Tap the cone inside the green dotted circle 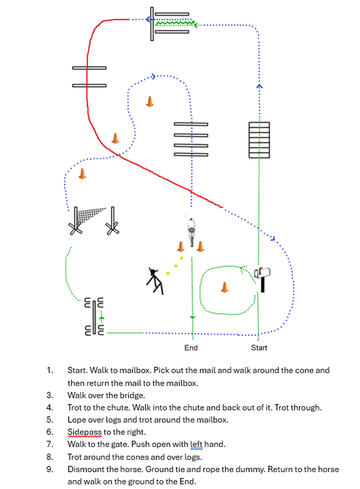[225, 287]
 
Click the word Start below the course [259, 348]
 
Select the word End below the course [191, 348]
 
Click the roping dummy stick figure [155, 280]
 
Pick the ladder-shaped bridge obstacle [259, 140]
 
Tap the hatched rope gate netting [90, 216]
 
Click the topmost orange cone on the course [150, 101]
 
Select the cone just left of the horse [180, 246]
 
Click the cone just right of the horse [200, 246]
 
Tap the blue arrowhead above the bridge [259, 85]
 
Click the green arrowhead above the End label [193, 318]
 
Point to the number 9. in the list [50, 469]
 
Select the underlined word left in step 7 [196, 444]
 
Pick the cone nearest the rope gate [82, 173]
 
